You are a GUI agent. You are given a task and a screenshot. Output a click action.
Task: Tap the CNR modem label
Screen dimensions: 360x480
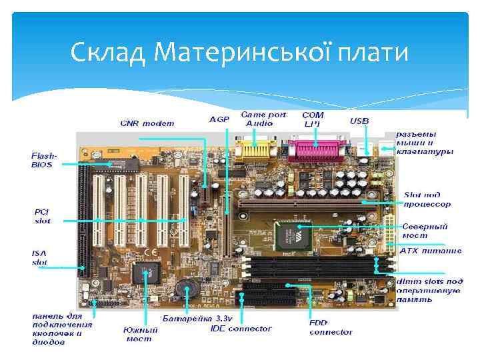click(x=147, y=123)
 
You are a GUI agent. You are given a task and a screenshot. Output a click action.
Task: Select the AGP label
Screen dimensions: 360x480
click(x=219, y=120)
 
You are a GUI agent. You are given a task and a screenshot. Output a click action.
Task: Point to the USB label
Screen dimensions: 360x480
click(x=359, y=121)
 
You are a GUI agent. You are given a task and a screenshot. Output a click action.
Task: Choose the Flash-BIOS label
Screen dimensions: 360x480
click(x=44, y=160)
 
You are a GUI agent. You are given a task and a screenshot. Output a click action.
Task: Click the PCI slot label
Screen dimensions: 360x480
click(x=43, y=216)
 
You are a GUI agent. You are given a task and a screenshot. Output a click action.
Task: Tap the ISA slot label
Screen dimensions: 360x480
click(x=40, y=257)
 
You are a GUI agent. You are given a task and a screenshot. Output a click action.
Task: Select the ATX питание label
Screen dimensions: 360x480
click(x=431, y=251)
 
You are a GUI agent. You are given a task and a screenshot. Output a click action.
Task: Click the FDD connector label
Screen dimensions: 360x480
click(x=331, y=327)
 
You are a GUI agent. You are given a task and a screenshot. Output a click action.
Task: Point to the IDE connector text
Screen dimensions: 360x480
click(x=241, y=328)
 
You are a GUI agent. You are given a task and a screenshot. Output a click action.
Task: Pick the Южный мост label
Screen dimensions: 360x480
click(x=141, y=334)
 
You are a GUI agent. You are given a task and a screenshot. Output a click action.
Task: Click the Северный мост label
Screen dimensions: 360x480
click(x=424, y=231)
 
